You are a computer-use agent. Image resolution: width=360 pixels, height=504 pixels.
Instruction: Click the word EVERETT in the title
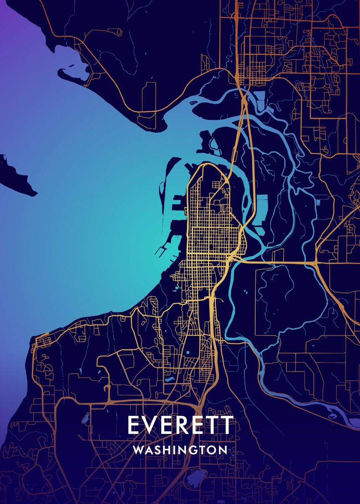click(180, 425)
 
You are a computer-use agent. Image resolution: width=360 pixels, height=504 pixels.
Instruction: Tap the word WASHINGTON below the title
click(180, 450)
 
